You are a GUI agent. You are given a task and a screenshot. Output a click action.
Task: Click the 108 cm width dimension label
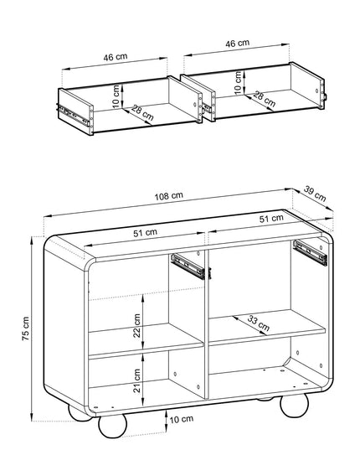(169, 196)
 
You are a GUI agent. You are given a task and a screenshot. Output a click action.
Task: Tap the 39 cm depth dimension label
(315, 194)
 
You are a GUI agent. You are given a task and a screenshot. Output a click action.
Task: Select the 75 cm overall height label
(25, 328)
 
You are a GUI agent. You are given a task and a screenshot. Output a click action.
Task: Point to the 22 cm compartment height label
(137, 325)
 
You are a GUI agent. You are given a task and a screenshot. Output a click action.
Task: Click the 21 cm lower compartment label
(137, 380)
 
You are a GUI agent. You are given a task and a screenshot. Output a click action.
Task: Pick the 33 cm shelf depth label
(258, 323)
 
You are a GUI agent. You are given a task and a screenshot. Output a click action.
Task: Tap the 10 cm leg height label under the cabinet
(182, 419)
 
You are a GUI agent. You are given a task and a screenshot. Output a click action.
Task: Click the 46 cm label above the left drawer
(116, 57)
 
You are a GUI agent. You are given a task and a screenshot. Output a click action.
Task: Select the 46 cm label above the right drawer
(237, 44)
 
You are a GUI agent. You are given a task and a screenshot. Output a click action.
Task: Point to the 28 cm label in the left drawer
(142, 113)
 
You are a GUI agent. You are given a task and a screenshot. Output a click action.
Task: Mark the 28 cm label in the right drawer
(265, 99)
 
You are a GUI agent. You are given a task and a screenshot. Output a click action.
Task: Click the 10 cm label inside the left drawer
(116, 96)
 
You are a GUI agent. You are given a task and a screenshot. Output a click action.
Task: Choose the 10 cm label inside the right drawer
(238, 83)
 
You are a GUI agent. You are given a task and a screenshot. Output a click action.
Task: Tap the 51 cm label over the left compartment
(145, 233)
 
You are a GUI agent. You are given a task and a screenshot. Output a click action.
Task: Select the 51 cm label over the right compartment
(271, 219)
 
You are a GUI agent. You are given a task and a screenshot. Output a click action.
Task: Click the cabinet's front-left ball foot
(113, 426)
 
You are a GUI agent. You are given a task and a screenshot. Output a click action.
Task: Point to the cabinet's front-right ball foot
(295, 405)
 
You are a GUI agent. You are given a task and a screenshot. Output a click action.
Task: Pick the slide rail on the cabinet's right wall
(310, 252)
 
